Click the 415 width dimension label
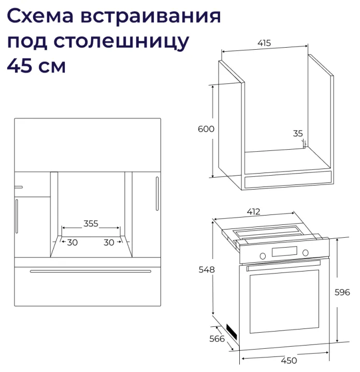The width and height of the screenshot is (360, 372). point(264,44)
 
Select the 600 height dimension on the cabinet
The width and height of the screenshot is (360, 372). point(206,129)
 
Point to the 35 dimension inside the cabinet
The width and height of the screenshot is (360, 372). point(298,134)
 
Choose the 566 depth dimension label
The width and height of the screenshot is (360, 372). point(217,339)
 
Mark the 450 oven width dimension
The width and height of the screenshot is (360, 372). point(289,361)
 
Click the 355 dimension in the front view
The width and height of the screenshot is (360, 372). point(91,224)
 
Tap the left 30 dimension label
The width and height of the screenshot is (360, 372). point(72,242)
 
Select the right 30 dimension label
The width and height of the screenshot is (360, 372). point(109,242)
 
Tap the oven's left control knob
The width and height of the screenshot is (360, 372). point(263,254)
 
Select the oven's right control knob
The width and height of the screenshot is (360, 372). point(306,252)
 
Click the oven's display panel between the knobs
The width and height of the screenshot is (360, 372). point(284,253)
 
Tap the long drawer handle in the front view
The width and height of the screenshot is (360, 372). point(91,271)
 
